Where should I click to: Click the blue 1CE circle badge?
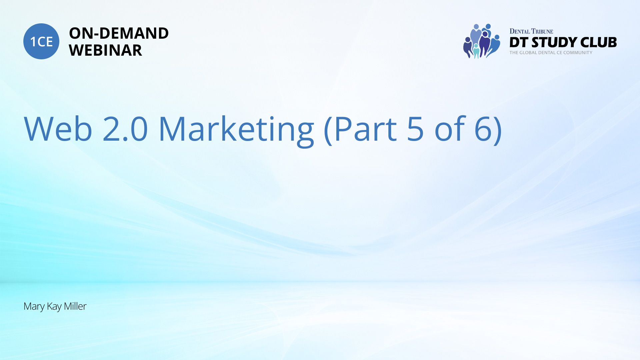coord(41,41)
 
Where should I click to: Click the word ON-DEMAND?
coord(119,33)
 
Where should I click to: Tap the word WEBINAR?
coord(106,50)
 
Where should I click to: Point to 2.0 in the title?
coord(125,129)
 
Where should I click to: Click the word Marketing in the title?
coord(236,131)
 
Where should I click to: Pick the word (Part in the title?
coord(360,130)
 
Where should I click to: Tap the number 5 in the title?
coord(415,129)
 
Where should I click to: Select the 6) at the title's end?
coord(489,130)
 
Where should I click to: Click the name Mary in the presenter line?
coord(34,307)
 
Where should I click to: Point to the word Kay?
coord(54,307)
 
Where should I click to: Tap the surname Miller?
coord(75,306)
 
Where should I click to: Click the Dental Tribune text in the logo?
coord(531,31)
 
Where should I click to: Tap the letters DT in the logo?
coord(519,42)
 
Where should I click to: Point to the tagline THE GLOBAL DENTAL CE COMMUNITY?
coord(551,53)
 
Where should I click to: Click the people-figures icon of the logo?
coord(482,41)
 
